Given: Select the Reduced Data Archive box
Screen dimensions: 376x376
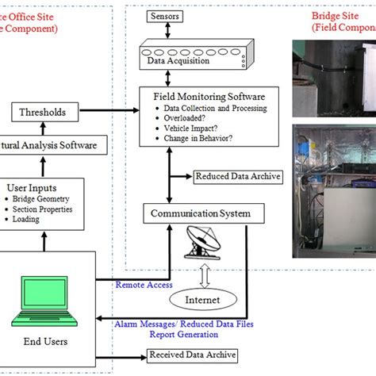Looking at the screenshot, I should pyautogui.click(x=236, y=176).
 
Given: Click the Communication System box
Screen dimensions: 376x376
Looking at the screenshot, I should pyautogui.click(x=201, y=213).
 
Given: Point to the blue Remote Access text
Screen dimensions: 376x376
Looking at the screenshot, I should pyautogui.click(x=144, y=285).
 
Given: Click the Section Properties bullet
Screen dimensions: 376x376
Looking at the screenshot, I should pyautogui.click(x=49, y=209).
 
